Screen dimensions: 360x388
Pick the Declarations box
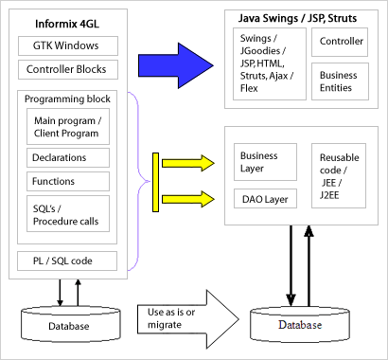(x=68, y=158)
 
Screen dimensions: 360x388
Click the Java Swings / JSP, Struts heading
(x=296, y=19)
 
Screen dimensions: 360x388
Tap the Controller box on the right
(x=341, y=42)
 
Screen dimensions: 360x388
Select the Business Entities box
(x=341, y=81)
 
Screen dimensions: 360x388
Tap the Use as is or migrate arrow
(x=188, y=314)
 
